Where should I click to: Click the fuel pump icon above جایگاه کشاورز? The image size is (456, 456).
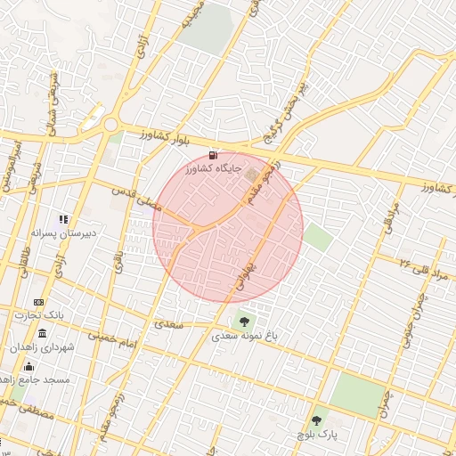tap(212, 154)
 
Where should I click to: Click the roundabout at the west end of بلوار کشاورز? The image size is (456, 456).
tap(110, 126)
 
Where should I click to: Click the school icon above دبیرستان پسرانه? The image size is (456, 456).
tap(63, 219)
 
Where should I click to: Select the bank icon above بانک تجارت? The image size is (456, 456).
tap(38, 303)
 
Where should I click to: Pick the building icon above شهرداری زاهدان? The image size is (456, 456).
tap(43, 333)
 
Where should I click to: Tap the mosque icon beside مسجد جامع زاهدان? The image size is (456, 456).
tap(28, 366)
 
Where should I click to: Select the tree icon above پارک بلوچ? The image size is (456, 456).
tap(317, 419)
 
